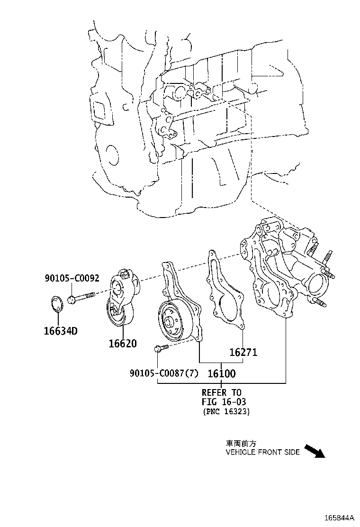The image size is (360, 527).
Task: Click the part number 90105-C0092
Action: click(x=72, y=278)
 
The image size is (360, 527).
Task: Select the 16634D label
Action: click(x=61, y=331)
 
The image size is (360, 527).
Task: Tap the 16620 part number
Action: click(x=123, y=344)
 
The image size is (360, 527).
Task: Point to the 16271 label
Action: click(x=243, y=352)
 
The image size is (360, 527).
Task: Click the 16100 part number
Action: click(x=222, y=373)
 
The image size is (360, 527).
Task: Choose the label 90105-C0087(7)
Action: click(x=164, y=373)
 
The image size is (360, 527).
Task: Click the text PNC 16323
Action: click(x=226, y=411)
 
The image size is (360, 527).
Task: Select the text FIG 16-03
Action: click(x=224, y=401)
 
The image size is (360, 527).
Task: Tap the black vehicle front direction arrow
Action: click(x=315, y=451)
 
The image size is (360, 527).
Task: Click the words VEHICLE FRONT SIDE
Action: click(x=262, y=453)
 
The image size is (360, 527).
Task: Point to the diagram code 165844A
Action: click(x=339, y=517)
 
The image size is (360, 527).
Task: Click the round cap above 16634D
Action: click(x=58, y=303)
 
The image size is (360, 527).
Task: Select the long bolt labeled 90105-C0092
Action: click(x=81, y=298)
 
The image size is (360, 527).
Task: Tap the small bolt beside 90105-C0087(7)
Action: click(x=161, y=348)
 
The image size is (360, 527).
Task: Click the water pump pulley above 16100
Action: click(x=175, y=322)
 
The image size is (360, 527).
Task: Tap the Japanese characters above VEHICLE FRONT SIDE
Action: click(x=241, y=443)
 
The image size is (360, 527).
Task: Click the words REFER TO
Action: click(x=222, y=392)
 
